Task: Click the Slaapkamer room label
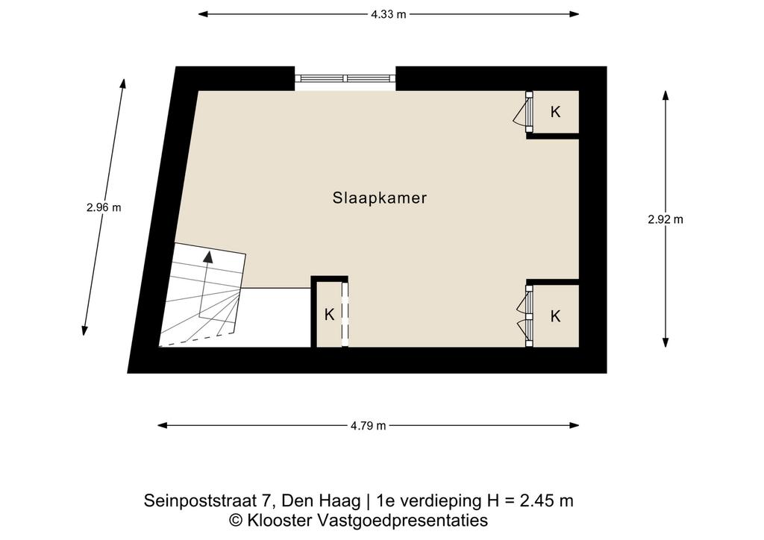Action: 380,198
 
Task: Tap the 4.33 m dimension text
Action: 388,14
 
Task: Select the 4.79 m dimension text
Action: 368,426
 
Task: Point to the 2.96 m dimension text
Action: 104,207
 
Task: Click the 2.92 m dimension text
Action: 666,219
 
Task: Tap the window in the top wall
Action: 345,78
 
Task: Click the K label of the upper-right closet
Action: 555,112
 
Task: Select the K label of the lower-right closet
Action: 555,316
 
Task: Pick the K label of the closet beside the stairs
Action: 329,315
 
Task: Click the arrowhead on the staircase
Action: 208,257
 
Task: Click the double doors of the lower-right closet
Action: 525,316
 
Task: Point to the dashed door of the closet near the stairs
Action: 345,315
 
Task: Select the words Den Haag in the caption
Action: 322,500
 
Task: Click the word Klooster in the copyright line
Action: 280,520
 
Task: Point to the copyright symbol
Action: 237,521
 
